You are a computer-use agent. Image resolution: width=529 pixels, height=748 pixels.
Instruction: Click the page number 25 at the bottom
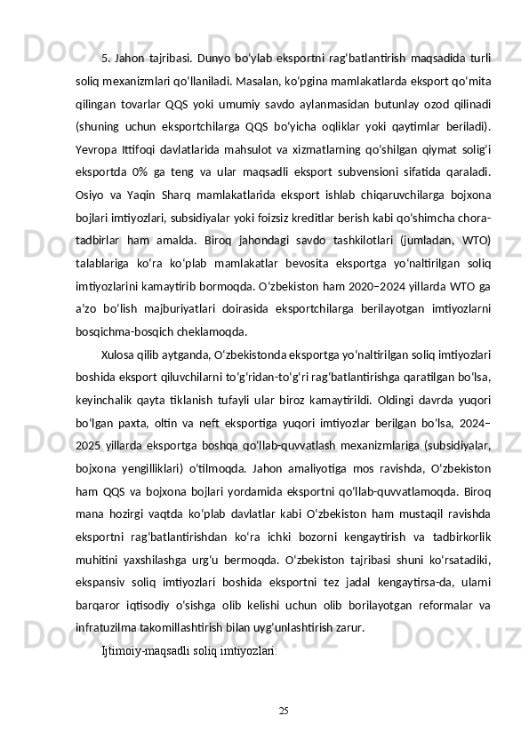click(283, 711)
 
